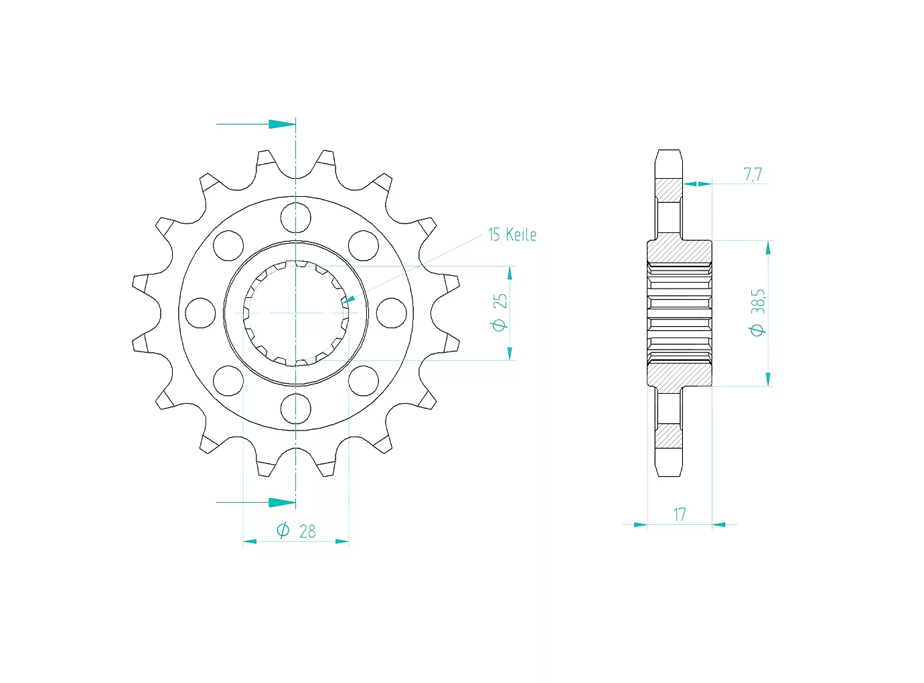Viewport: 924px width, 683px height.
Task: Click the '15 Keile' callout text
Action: [512, 234]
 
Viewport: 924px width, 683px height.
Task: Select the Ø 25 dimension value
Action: [500, 312]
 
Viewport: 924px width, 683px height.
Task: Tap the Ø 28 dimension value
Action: [296, 531]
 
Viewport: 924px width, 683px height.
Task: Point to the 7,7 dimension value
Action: [753, 174]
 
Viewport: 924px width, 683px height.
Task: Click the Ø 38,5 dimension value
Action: [758, 313]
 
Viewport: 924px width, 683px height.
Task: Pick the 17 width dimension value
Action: [680, 515]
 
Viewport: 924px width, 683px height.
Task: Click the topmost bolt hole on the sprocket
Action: [296, 218]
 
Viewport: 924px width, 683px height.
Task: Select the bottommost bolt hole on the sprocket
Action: [296, 408]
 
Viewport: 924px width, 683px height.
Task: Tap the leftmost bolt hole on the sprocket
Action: [200, 313]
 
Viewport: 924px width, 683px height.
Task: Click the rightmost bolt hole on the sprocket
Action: [392, 313]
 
